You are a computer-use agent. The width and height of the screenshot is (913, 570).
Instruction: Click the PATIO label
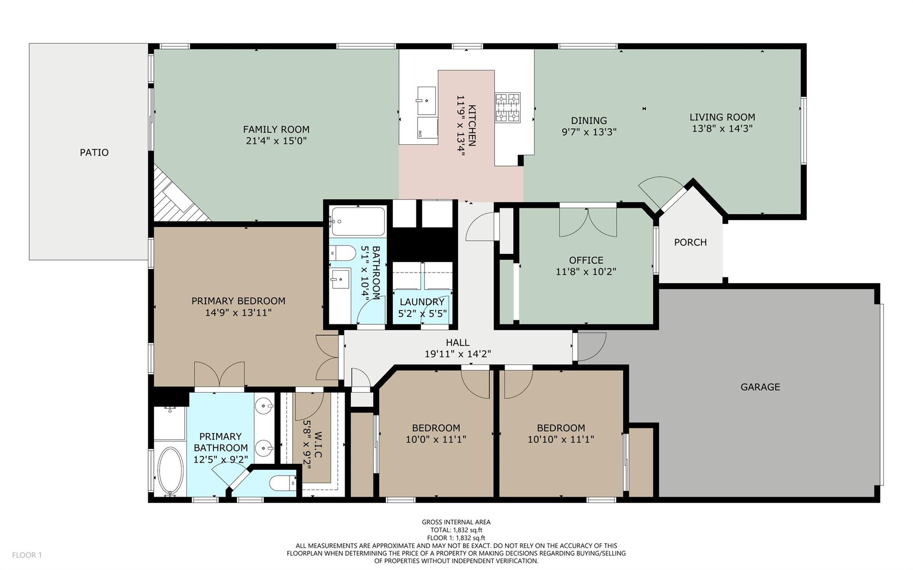94,152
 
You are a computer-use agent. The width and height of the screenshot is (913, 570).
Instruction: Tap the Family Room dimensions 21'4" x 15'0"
276,141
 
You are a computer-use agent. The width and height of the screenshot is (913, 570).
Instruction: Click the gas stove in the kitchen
508,107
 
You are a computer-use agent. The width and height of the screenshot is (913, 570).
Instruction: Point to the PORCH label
690,242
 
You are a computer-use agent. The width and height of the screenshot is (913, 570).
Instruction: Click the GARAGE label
760,387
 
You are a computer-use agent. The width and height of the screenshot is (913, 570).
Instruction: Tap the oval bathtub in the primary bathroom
170,471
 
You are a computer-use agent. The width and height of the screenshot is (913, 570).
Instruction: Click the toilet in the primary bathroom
284,483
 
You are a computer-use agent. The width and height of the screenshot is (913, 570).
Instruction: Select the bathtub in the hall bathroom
358,221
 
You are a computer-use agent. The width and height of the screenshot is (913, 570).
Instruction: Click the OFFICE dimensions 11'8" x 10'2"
586,272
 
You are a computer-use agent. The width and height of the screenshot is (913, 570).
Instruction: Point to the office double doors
588,221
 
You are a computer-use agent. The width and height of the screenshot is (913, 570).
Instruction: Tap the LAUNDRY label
422,302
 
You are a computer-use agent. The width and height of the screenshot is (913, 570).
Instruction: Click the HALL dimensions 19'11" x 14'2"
457,354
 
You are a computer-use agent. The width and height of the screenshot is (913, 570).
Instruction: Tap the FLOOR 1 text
27,555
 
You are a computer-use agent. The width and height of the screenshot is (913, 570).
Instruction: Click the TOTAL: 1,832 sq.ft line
456,530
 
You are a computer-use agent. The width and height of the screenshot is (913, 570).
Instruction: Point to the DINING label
589,120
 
